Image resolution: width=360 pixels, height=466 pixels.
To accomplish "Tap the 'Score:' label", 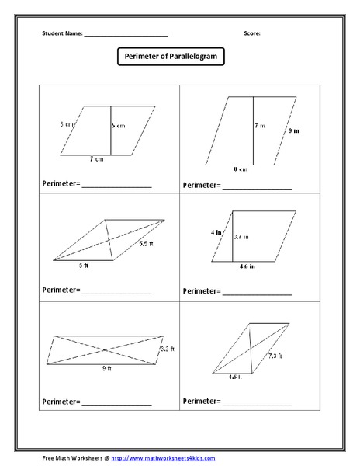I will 252,34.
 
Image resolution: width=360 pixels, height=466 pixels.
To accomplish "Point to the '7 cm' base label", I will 96,158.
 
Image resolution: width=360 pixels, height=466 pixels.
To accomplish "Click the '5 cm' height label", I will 117,125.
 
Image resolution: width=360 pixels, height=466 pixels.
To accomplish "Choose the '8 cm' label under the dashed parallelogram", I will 241,169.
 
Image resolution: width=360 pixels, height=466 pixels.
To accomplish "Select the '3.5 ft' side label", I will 146,245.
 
